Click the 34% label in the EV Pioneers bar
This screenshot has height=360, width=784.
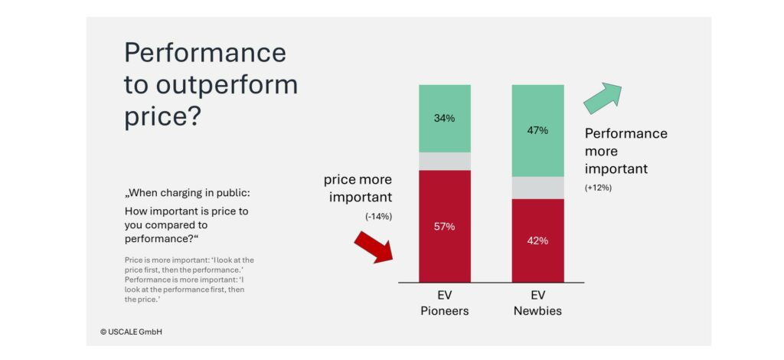pyautogui.click(x=444, y=118)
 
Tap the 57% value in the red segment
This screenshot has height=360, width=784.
pyautogui.click(x=444, y=226)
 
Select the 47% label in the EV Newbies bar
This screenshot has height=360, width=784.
pyautogui.click(x=537, y=130)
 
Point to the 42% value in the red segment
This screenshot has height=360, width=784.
pyautogui.click(x=537, y=241)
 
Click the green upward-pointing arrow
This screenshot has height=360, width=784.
pyautogui.click(x=603, y=97)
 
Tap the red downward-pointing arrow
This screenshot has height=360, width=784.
pyautogui.click(x=372, y=247)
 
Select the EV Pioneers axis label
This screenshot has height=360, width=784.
pyautogui.click(x=444, y=303)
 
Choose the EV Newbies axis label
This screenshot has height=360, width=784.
pyautogui.click(x=537, y=303)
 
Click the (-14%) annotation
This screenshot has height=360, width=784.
pyautogui.click(x=378, y=217)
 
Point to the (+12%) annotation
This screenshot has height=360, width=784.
pyautogui.click(x=598, y=188)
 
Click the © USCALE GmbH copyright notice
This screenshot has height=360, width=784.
pyautogui.click(x=131, y=332)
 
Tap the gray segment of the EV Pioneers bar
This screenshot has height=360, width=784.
pyautogui.click(x=444, y=161)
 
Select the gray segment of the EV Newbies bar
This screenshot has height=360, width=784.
pyautogui.click(x=537, y=188)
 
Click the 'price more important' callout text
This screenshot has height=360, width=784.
pyautogui.click(x=358, y=188)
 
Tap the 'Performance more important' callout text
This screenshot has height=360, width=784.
pyautogui.click(x=626, y=151)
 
